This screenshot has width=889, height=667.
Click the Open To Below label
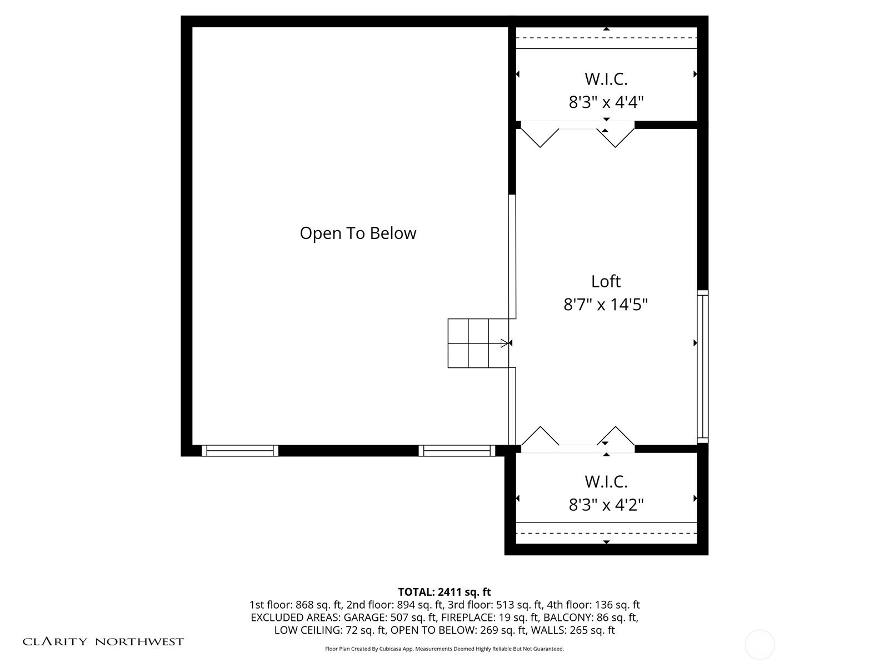[358, 233]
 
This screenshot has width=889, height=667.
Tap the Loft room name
[606, 281]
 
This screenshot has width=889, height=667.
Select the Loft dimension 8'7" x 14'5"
[606, 305]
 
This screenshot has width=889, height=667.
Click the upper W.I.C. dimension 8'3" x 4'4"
[606, 102]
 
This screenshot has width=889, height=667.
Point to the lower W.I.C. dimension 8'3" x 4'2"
[606, 505]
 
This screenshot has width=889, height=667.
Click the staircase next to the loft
[478, 343]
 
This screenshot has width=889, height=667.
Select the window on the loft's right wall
[702, 366]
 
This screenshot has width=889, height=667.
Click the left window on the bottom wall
[240, 450]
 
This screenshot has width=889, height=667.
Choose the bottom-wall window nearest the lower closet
[457, 450]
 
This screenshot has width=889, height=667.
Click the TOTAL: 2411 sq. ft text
[444, 592]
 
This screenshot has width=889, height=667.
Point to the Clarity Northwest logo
[103, 641]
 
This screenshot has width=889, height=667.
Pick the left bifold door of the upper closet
[540, 136]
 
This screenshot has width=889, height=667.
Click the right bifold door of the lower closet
[616, 436]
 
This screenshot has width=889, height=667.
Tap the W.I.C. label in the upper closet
[606, 79]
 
